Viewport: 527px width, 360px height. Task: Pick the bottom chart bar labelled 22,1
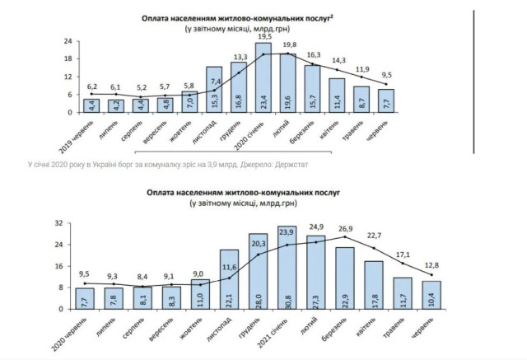pyautogui.click(x=231, y=279)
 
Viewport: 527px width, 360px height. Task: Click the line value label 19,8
pyautogui.click(x=287, y=44)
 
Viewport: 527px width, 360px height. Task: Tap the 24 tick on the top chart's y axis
pyautogui.click(x=70, y=40)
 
